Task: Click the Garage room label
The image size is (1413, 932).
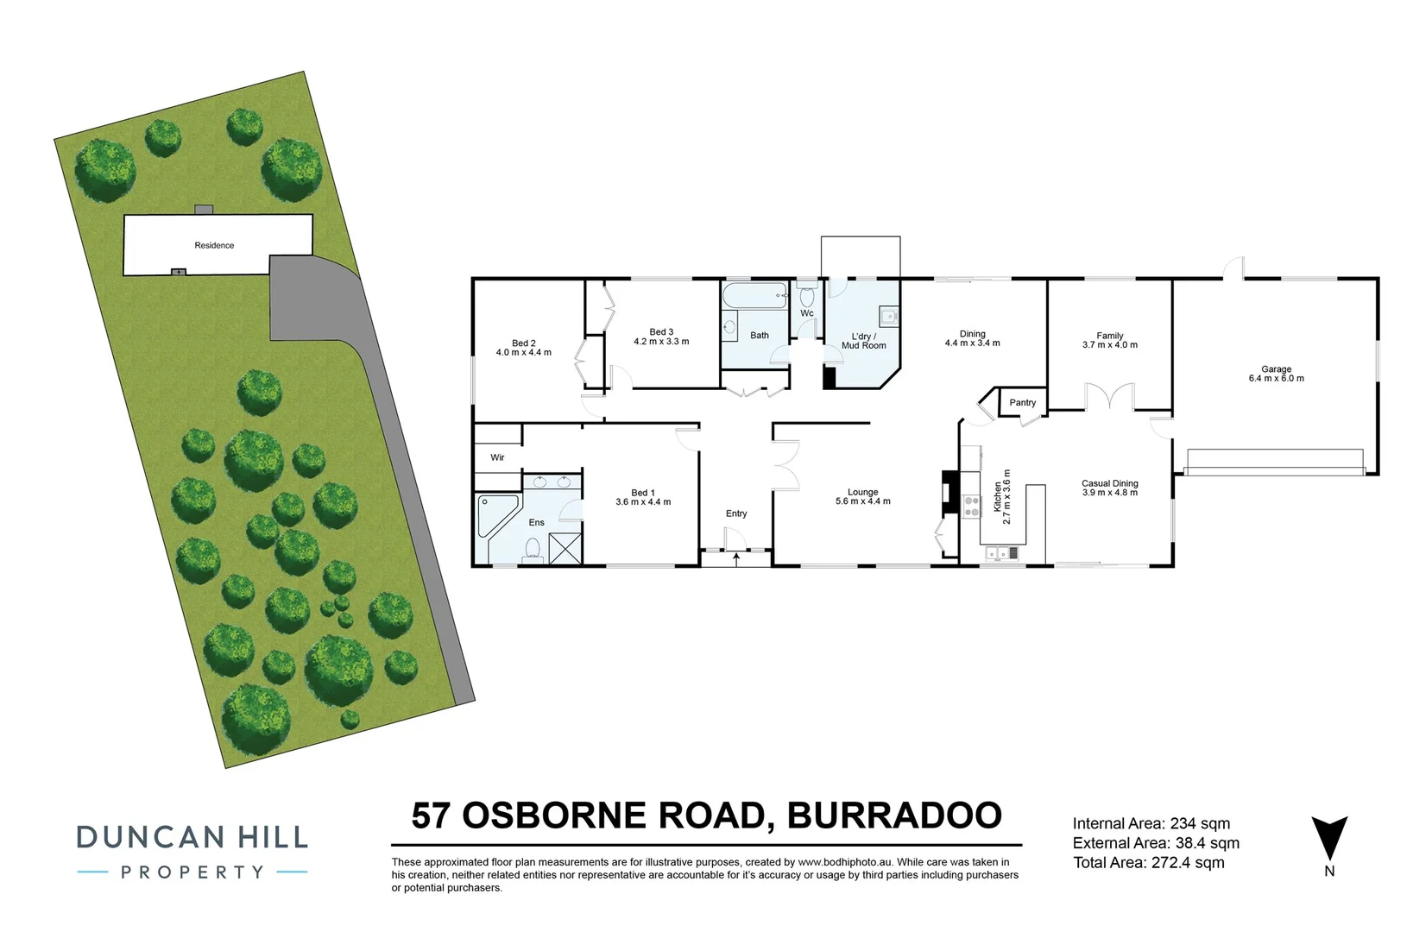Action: [1276, 368]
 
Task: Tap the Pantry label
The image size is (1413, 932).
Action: [1023, 403]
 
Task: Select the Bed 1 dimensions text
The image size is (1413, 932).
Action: [643, 502]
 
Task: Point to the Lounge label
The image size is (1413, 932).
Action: [863, 492]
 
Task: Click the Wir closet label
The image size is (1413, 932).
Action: [498, 457]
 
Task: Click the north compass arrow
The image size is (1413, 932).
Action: [1329, 838]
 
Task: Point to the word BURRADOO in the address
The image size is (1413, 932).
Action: [894, 815]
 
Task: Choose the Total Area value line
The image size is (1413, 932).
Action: [1148, 862]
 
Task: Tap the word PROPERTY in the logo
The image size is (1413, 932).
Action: [192, 872]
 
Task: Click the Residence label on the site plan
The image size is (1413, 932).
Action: [214, 246]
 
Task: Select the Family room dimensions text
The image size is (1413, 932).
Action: [1110, 345]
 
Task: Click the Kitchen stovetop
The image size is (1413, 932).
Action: [971, 505]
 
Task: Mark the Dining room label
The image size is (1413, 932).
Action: [973, 334]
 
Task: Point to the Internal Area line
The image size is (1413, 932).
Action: [1151, 824]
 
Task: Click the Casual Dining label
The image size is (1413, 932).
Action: [1110, 483]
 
